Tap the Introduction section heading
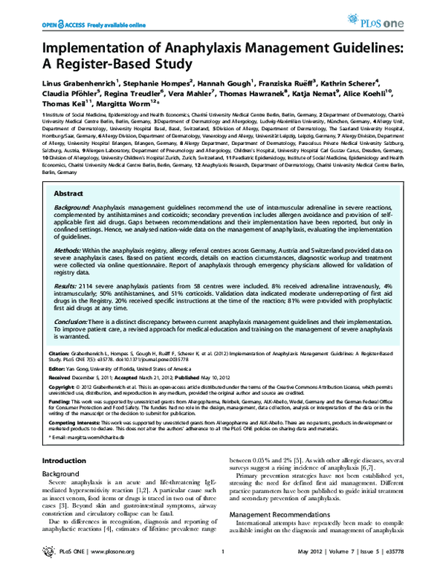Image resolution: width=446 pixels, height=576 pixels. [65, 462]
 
